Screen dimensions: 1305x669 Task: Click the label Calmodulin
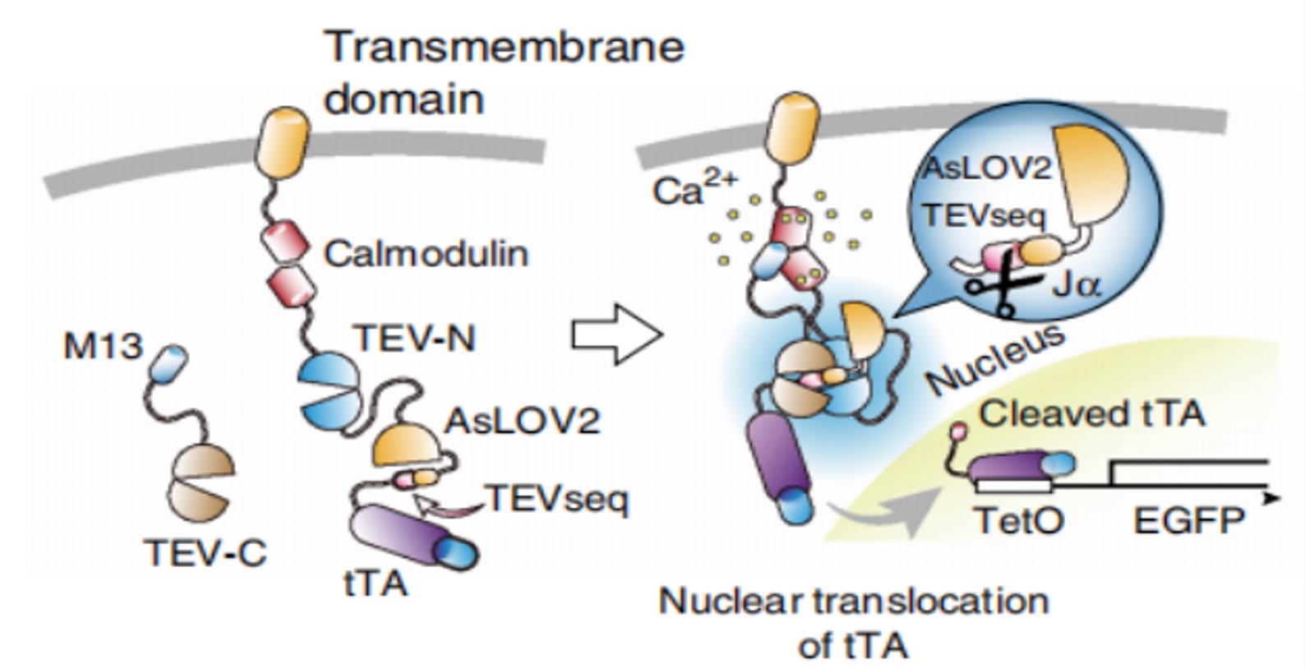(x=426, y=254)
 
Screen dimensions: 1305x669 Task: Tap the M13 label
(x=103, y=345)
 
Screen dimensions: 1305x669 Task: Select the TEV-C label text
(x=206, y=552)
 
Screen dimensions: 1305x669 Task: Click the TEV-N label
(x=415, y=338)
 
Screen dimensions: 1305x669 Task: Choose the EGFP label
(x=1189, y=520)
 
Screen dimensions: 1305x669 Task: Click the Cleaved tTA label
(x=1092, y=414)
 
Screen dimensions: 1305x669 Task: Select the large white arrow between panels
(x=617, y=334)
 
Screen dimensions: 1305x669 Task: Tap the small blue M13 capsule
(x=168, y=363)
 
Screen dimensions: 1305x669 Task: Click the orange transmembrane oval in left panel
(x=282, y=142)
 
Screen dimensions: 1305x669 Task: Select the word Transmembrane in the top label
(x=505, y=47)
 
